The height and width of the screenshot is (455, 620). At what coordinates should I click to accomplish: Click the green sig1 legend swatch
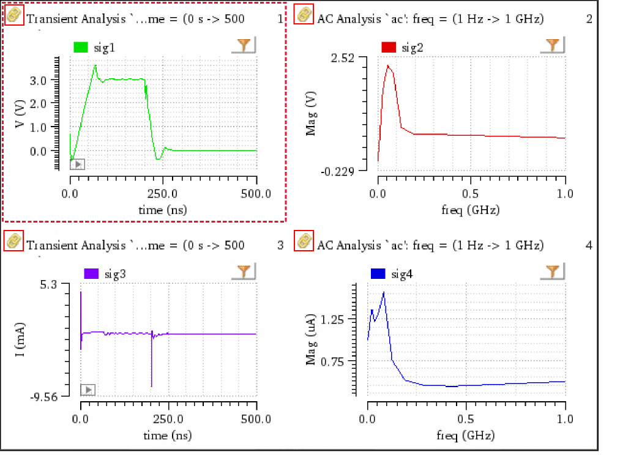81,47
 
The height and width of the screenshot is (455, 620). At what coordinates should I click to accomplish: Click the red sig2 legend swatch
389,47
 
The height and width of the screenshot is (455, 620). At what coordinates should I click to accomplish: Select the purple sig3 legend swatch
91,273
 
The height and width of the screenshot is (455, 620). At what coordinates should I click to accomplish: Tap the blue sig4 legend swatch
378,273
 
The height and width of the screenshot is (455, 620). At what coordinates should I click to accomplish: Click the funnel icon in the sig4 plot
553,272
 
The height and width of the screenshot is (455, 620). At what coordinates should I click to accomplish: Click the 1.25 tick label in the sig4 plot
343,319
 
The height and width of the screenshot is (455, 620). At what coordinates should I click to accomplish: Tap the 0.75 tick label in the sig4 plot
343,361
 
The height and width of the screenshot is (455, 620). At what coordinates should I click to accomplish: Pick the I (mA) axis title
20,341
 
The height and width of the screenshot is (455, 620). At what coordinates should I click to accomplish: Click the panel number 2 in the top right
588,19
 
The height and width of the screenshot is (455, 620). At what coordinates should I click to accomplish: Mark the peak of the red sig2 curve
387,65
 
